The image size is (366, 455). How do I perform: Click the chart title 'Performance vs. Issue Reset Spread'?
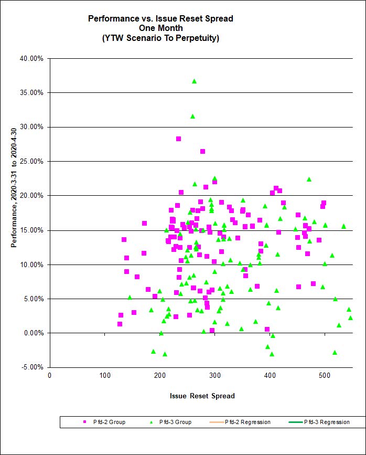pyautogui.click(x=160, y=18)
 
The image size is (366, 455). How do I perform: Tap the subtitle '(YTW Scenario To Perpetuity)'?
pyautogui.click(x=160, y=38)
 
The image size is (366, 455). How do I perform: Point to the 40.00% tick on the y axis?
pyautogui.click(x=31, y=58)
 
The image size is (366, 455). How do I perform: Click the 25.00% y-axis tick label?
pyautogui.click(x=31, y=161)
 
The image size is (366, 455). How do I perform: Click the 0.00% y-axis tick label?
pyautogui.click(x=33, y=333)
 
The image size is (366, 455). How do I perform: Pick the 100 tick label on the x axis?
pyautogui.click(x=104, y=375)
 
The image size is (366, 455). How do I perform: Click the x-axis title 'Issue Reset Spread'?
pyautogui.click(x=202, y=396)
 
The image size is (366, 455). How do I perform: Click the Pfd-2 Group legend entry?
pyautogui.click(x=105, y=422)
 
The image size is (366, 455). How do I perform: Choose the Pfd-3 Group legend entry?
pyautogui.click(x=171, y=422)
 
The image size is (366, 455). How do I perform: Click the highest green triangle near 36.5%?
pyautogui.click(x=194, y=81)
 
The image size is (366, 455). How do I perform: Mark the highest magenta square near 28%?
pyautogui.click(x=178, y=139)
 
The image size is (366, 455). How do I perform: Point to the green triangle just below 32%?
pyautogui.click(x=192, y=116)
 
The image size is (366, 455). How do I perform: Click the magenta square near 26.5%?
pyautogui.click(x=202, y=151)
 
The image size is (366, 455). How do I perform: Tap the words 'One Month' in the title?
pyautogui.click(x=160, y=28)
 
